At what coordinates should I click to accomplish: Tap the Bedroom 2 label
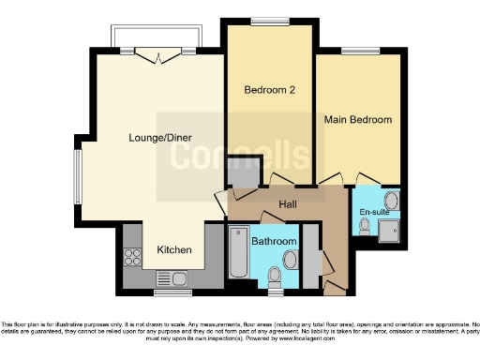point(270,90)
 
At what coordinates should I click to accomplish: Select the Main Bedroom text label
point(357,120)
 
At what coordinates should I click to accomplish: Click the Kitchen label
point(174,249)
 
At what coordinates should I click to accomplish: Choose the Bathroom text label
point(275,242)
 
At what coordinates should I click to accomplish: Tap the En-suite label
point(374,213)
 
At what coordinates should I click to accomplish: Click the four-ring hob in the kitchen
point(131,257)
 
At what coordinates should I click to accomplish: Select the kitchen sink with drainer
point(169,277)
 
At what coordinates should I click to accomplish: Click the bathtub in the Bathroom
point(239,254)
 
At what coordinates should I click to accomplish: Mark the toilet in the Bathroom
point(275,276)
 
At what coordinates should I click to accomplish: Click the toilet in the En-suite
point(365,225)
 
